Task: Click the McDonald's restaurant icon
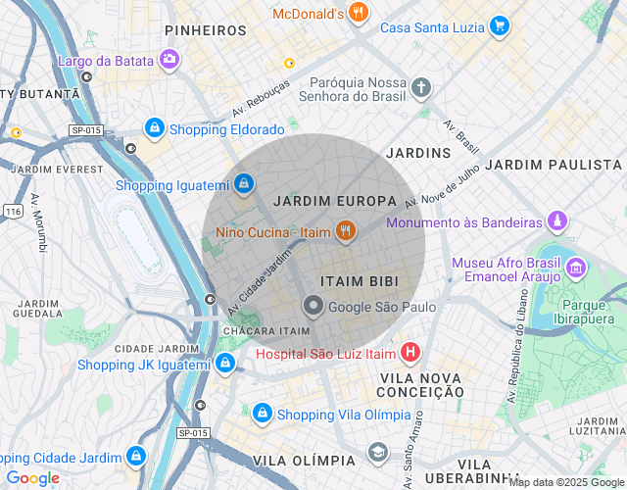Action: click(360, 13)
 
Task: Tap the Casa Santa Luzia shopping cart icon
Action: click(500, 26)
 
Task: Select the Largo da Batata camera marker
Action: click(170, 61)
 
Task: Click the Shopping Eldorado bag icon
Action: click(154, 128)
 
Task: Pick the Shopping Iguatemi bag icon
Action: click(243, 183)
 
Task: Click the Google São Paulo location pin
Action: click(313, 306)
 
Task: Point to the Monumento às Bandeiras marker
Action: click(557, 221)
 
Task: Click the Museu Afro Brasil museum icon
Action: click(576, 266)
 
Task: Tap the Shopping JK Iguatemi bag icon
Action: click(226, 365)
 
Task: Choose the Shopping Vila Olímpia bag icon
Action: click(263, 414)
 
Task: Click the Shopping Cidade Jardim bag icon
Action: click(135, 457)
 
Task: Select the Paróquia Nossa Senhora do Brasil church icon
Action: click(421, 88)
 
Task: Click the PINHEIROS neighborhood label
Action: click(206, 30)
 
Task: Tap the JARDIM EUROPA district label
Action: click(336, 201)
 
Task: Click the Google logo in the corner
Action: click(32, 478)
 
